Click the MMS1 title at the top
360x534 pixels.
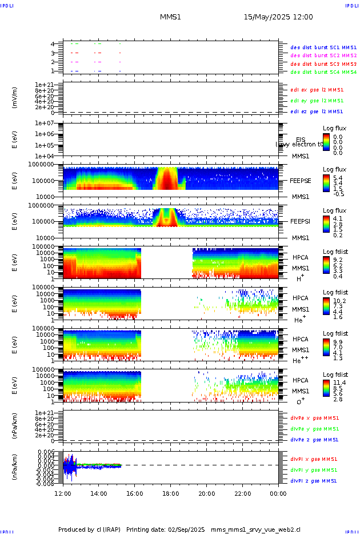pyautogui.click(x=170, y=17)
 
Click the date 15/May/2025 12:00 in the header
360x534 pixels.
pyautogui.click(x=278, y=17)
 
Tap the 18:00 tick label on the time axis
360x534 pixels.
pyautogui.click(x=171, y=493)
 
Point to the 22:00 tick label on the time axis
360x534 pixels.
pyautogui.click(x=242, y=493)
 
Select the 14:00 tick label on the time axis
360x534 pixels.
pyautogui.click(x=99, y=493)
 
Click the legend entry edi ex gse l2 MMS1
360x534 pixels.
pyautogui.click(x=317, y=90)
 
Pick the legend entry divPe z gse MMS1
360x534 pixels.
pyautogui.click(x=314, y=440)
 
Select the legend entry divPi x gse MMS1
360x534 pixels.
pyautogui.click(x=314, y=459)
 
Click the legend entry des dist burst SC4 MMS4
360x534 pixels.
pyautogui.click(x=323, y=73)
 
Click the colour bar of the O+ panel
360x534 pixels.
pyautogui.click(x=326, y=388)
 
